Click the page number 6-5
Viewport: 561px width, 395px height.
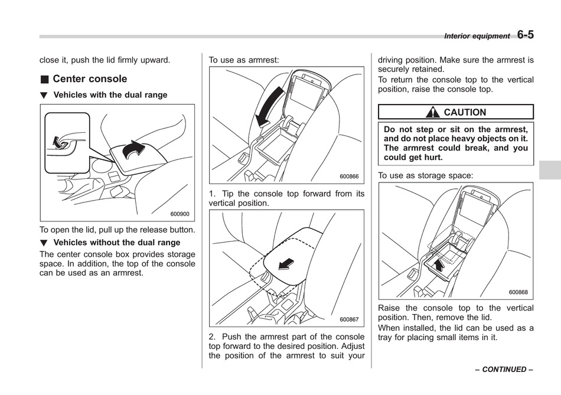click(x=525, y=34)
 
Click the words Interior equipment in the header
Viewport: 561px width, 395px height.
click(x=477, y=36)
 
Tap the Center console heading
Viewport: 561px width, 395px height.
click(x=89, y=79)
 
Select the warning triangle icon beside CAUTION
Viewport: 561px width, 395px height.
click(x=435, y=112)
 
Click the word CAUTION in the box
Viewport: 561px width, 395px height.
click(x=465, y=112)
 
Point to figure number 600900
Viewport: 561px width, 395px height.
click(x=180, y=214)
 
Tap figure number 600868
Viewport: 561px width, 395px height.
click(x=518, y=292)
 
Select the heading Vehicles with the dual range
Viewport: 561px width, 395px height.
click(x=110, y=95)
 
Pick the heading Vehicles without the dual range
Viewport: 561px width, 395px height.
click(x=116, y=243)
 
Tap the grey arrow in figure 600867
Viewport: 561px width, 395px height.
click(x=288, y=263)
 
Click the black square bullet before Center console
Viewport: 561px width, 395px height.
click(x=44, y=79)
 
